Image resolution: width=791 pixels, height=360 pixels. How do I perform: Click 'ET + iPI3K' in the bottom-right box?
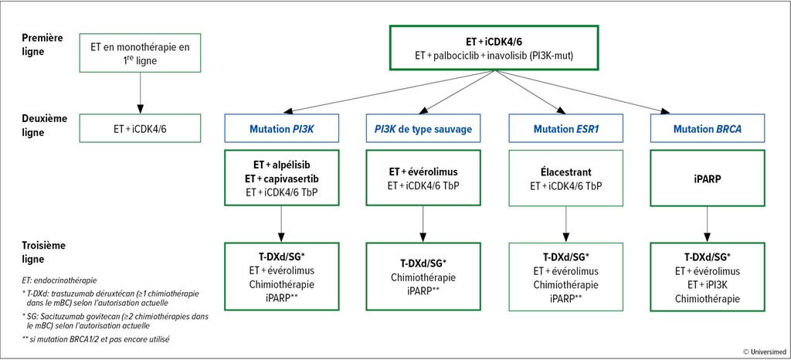(708, 285)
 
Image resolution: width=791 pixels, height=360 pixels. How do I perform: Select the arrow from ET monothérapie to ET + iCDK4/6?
(140, 96)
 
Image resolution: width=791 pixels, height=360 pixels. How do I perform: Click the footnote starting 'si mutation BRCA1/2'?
(96, 339)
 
